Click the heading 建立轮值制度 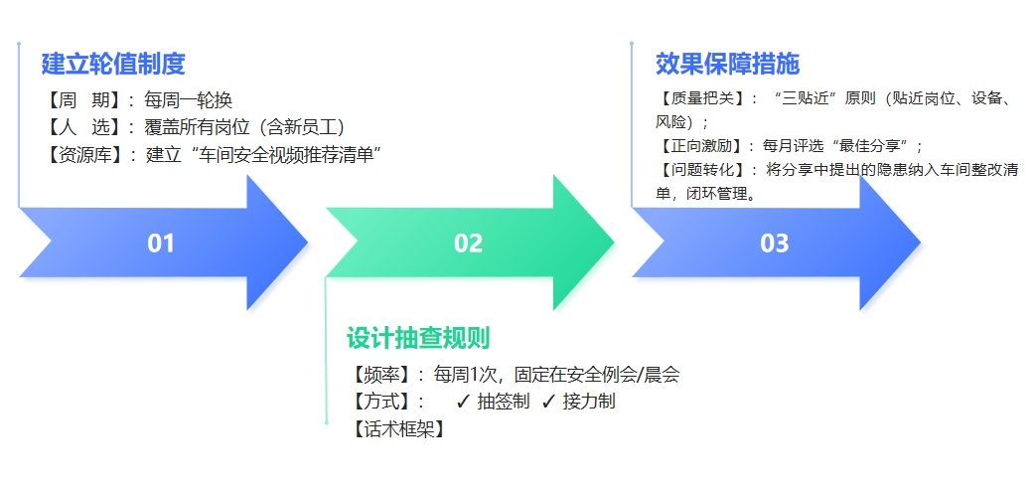(x=113, y=65)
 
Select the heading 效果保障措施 (x=727, y=65)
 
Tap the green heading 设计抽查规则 (x=418, y=338)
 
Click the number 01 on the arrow (x=161, y=244)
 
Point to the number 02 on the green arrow (x=468, y=244)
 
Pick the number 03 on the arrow (x=774, y=244)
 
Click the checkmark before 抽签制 (x=463, y=402)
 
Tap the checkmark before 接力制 (x=548, y=402)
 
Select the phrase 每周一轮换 (x=188, y=100)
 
